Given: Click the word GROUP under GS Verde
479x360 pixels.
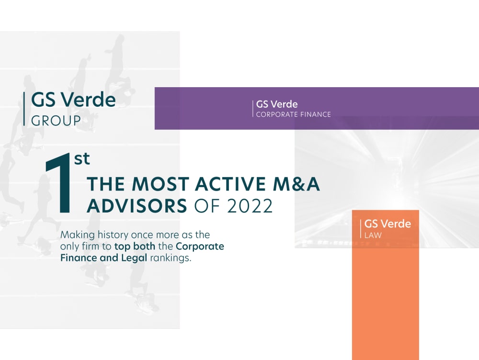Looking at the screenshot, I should tap(56, 121).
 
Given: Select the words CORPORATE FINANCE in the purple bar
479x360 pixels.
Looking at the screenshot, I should tap(293, 114).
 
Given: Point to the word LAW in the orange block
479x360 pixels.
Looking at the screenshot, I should tap(373, 236).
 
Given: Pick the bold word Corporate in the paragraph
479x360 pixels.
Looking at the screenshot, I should tap(200, 247).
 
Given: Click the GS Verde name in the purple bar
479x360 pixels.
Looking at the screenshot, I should tap(277, 104).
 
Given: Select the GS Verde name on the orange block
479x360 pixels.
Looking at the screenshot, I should tap(388, 224).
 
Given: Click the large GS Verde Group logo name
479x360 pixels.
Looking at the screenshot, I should tap(73, 100).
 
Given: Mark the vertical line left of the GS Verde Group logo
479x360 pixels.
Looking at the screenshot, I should tap(24, 109).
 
